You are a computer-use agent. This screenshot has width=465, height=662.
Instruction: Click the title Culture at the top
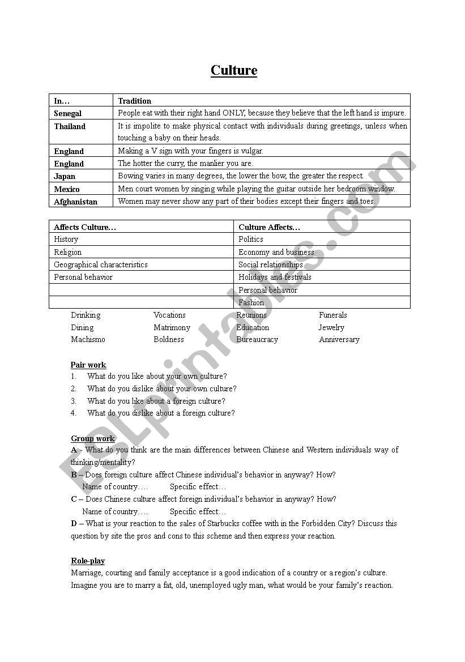point(234,70)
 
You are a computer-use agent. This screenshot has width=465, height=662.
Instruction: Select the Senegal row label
point(68,113)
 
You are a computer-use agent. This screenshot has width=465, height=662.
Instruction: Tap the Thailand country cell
point(70,126)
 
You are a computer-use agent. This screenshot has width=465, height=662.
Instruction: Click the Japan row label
point(65,176)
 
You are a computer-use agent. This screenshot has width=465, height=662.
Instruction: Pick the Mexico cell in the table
point(67,189)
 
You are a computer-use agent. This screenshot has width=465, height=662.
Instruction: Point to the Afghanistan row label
point(75,202)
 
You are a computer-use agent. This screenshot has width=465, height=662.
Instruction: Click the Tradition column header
point(135,101)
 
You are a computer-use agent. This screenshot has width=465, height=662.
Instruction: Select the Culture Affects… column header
point(270,227)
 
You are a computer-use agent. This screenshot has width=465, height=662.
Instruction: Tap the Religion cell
point(68,252)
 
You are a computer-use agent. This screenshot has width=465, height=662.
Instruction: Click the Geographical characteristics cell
point(101,264)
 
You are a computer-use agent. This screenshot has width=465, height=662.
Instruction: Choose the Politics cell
point(251,240)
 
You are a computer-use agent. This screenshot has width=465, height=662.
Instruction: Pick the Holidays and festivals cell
point(275,277)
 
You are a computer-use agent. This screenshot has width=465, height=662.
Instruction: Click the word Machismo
point(88,340)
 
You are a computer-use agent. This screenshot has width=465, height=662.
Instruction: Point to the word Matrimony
point(172,327)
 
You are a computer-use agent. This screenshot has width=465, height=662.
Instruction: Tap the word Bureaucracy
point(257,340)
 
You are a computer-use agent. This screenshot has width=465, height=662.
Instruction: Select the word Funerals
point(333,315)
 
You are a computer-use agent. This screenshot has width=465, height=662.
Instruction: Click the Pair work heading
point(88,365)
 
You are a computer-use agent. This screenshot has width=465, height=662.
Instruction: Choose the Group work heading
point(93,438)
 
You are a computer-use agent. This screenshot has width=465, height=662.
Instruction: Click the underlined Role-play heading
point(88,561)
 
